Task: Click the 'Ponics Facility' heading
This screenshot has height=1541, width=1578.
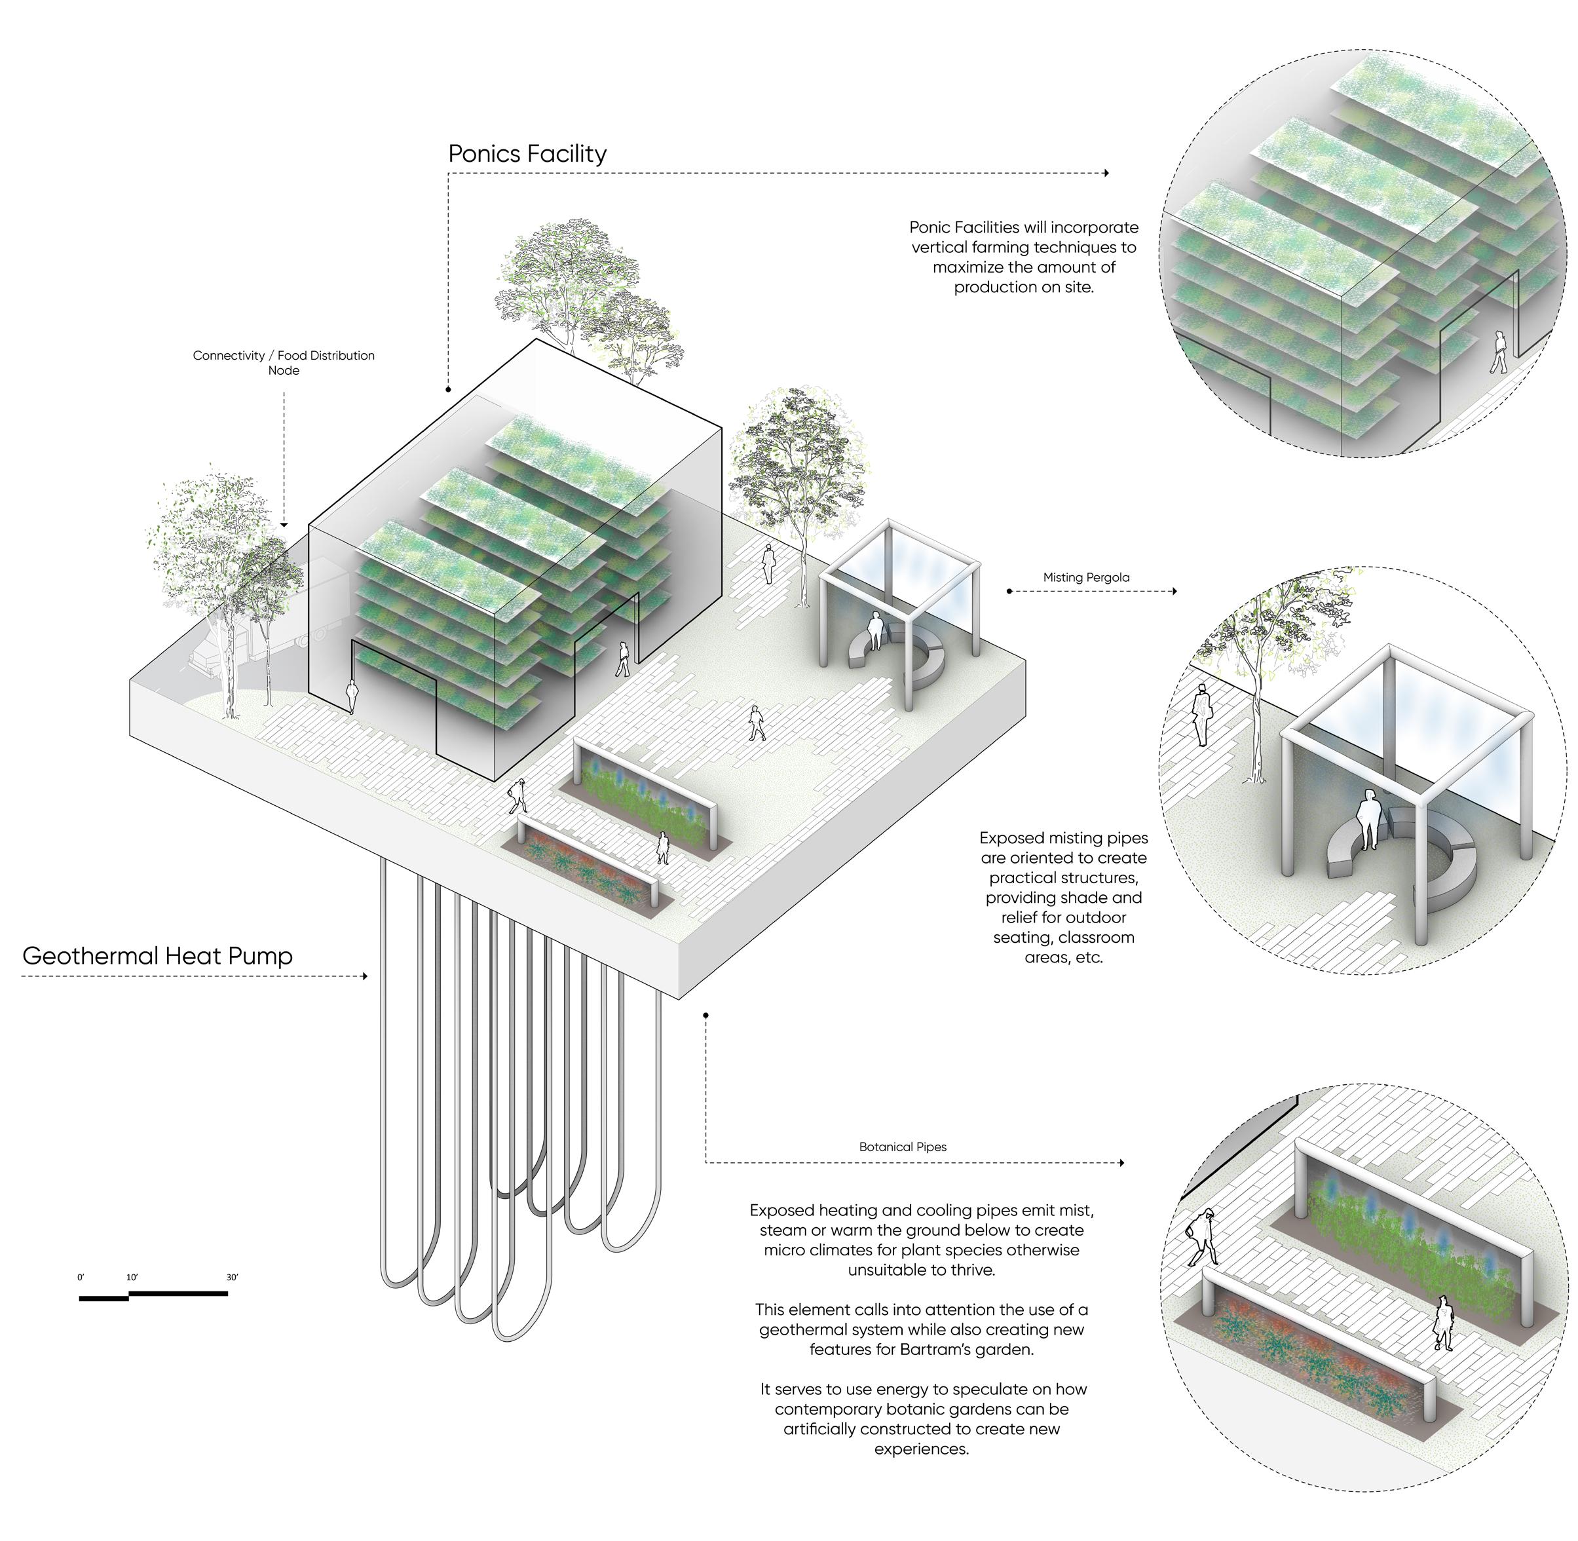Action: click(x=527, y=154)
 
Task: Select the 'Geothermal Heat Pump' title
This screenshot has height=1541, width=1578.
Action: click(x=157, y=956)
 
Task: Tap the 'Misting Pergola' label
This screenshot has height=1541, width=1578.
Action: click(x=1085, y=577)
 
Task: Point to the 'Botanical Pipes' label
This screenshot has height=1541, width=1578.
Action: click(x=902, y=1147)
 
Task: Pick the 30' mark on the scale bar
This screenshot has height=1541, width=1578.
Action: click(x=233, y=1277)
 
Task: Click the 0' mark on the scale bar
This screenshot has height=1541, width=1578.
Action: click(x=81, y=1277)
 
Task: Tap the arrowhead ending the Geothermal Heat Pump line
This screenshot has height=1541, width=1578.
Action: click(x=365, y=976)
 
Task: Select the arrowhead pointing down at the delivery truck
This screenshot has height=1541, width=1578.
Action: click(x=284, y=526)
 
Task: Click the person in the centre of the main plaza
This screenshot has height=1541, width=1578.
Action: click(x=756, y=722)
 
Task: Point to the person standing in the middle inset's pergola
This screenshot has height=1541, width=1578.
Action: click(x=1368, y=819)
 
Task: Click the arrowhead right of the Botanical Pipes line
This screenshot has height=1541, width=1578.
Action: click(x=1121, y=1163)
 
